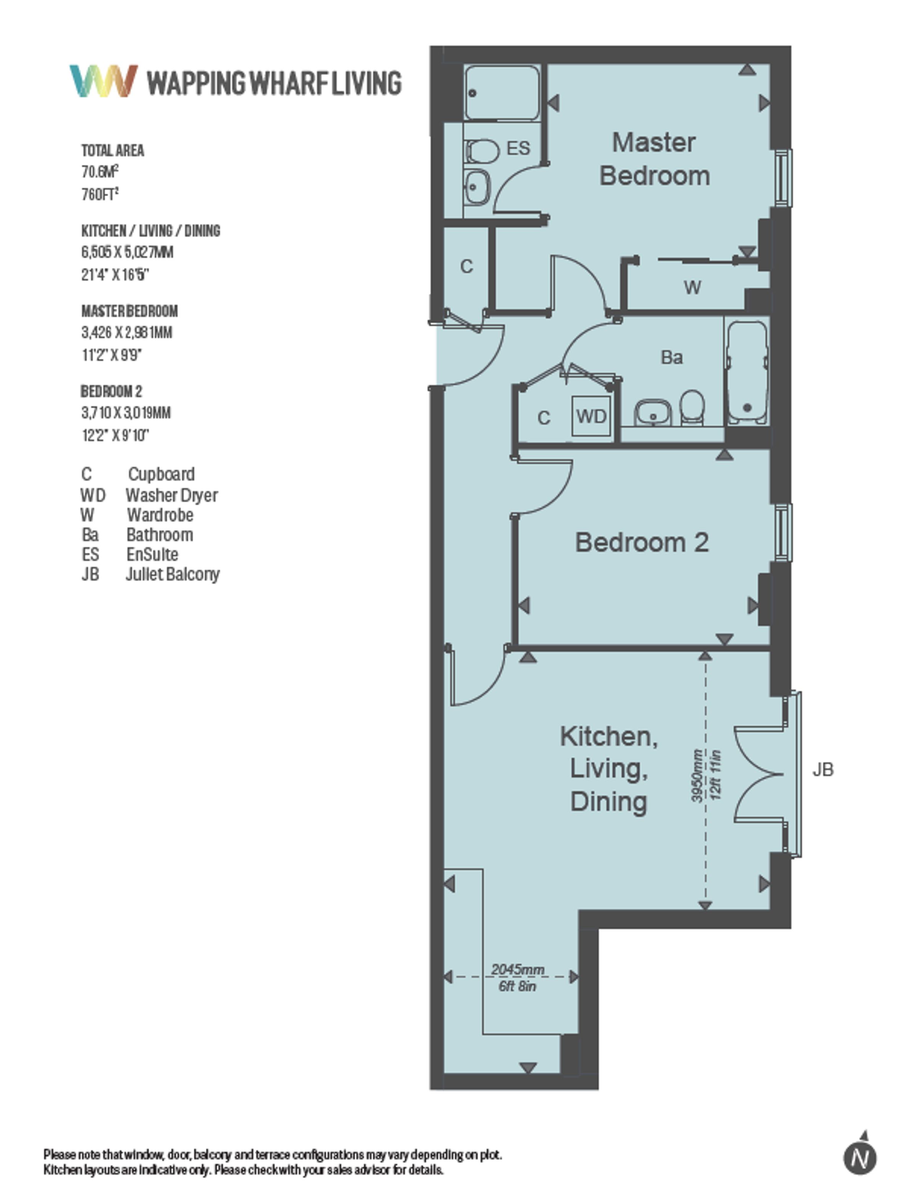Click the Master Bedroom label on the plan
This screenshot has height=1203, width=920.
654,159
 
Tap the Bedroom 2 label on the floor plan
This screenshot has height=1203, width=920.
642,542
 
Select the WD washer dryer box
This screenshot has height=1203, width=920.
591,416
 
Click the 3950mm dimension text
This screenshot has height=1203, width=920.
697,775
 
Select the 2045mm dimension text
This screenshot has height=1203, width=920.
517,970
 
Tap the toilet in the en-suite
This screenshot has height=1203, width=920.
482,151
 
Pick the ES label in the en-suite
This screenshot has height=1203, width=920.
518,148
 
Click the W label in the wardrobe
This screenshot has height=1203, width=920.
693,287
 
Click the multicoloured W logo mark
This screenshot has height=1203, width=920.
103,81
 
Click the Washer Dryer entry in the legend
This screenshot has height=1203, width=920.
171,495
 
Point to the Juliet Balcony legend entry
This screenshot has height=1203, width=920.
172,574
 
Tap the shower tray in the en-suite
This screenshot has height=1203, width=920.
502,92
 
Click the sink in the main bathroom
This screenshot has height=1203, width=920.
653,412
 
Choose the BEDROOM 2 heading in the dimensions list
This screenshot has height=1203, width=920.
111,391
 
